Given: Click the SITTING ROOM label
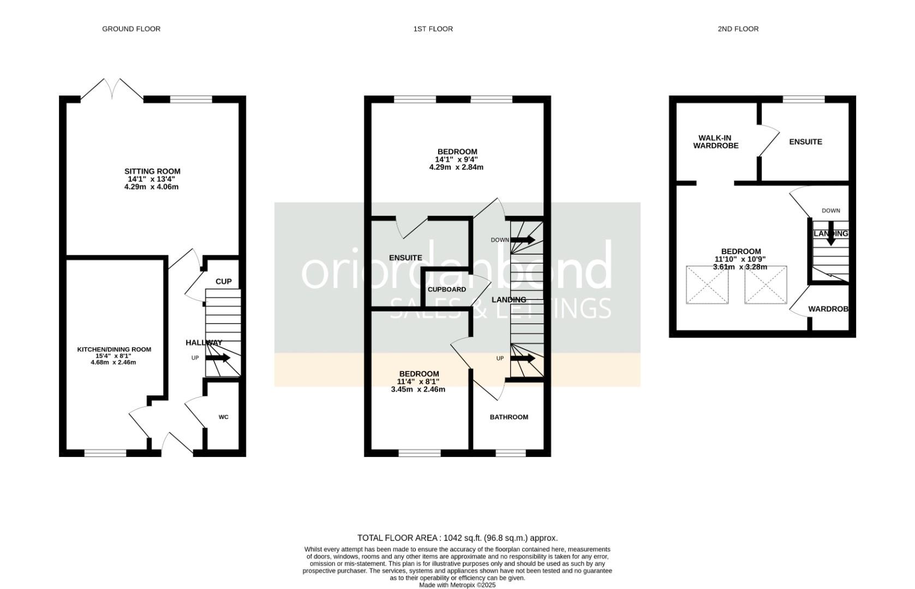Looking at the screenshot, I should tap(152, 171).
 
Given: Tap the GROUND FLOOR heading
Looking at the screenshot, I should tap(131, 29).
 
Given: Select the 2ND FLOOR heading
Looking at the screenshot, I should tap(738, 29).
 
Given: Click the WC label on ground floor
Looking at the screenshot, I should tap(223, 417).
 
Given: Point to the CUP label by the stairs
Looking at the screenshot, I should tap(223, 281).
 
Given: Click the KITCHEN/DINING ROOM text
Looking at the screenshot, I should tap(114, 350).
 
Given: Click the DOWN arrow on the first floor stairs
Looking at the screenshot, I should tap(523, 240).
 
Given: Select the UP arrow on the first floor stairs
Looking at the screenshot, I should tap(523, 358).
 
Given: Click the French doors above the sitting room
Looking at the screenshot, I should tap(113, 89).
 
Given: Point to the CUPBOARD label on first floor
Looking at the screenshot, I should tap(446, 290).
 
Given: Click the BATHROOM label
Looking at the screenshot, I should tap(509, 417).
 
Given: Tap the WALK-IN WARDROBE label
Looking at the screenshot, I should tap(716, 142).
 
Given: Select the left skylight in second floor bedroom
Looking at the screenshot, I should tap(707, 285).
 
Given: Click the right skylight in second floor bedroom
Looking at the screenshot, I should tap(766, 285).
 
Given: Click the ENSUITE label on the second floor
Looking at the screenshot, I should tap(805, 142).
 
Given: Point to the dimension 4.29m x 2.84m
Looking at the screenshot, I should tap(456, 167).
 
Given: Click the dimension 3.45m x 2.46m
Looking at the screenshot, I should tap(418, 389).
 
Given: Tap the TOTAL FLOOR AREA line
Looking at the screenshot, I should tap(457, 538).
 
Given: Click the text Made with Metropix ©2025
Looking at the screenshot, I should tap(457, 585).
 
